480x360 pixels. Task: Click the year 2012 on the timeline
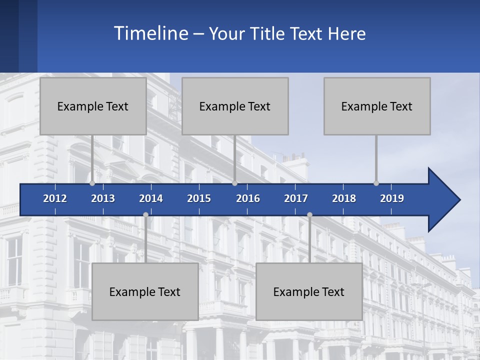[55, 198]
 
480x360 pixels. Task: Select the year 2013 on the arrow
[103, 198]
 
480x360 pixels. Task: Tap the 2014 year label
[151, 198]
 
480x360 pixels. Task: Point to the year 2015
[199, 198]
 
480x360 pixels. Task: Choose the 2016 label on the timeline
[248, 198]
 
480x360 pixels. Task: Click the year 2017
[296, 198]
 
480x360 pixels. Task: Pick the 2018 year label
[344, 198]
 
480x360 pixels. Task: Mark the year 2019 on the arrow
[392, 198]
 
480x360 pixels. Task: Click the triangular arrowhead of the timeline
[442, 200]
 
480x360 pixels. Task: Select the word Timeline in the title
[150, 33]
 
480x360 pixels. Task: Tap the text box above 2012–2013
[93, 106]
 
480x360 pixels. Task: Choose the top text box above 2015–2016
[235, 106]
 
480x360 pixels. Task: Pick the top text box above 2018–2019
[377, 106]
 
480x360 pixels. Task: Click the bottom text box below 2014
[145, 291]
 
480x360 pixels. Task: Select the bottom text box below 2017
[309, 291]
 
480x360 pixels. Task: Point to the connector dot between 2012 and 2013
[92, 183]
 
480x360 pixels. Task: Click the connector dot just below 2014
[145, 214]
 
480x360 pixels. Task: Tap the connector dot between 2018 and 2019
[376, 183]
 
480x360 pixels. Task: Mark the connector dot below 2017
[309, 214]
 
